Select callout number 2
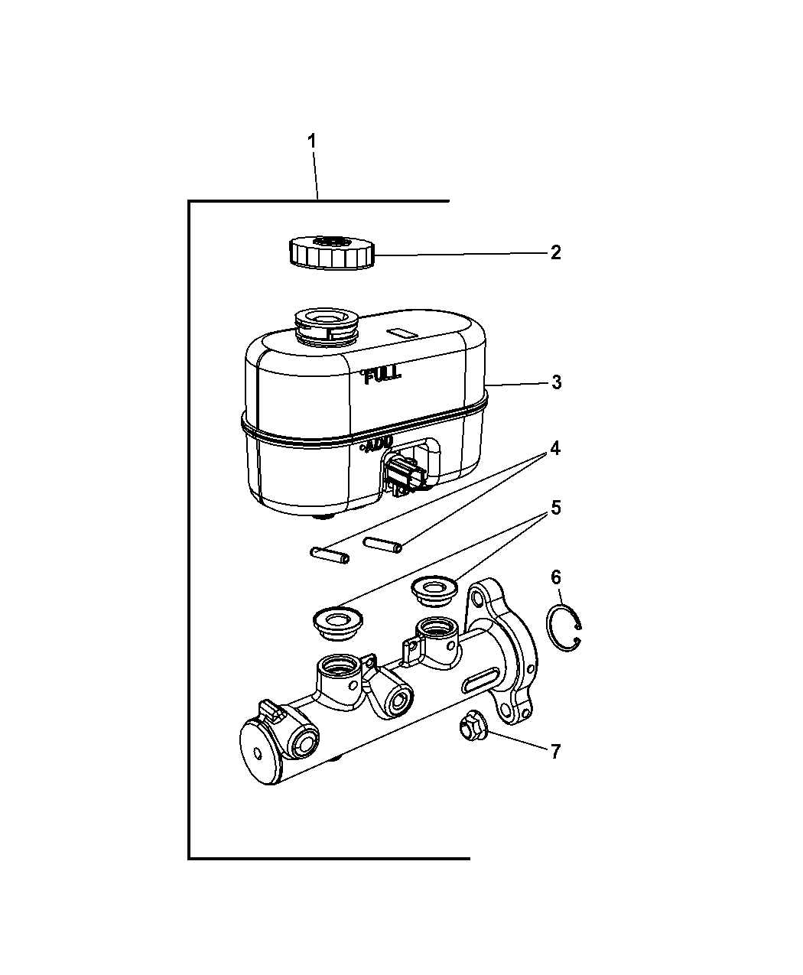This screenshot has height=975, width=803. (x=555, y=252)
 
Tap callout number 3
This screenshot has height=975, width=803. (x=556, y=382)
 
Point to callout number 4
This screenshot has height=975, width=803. (x=555, y=448)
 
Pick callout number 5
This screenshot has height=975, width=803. (x=555, y=508)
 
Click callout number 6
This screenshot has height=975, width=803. (x=555, y=577)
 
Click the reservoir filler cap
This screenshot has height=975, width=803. (x=332, y=252)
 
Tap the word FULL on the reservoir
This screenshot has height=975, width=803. (x=382, y=376)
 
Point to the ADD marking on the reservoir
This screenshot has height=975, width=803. (x=378, y=445)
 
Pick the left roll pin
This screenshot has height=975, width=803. (x=330, y=555)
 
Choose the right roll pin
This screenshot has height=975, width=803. (x=382, y=544)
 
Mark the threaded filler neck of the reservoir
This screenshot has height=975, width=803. (x=326, y=328)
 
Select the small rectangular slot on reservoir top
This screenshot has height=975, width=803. (x=401, y=333)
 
